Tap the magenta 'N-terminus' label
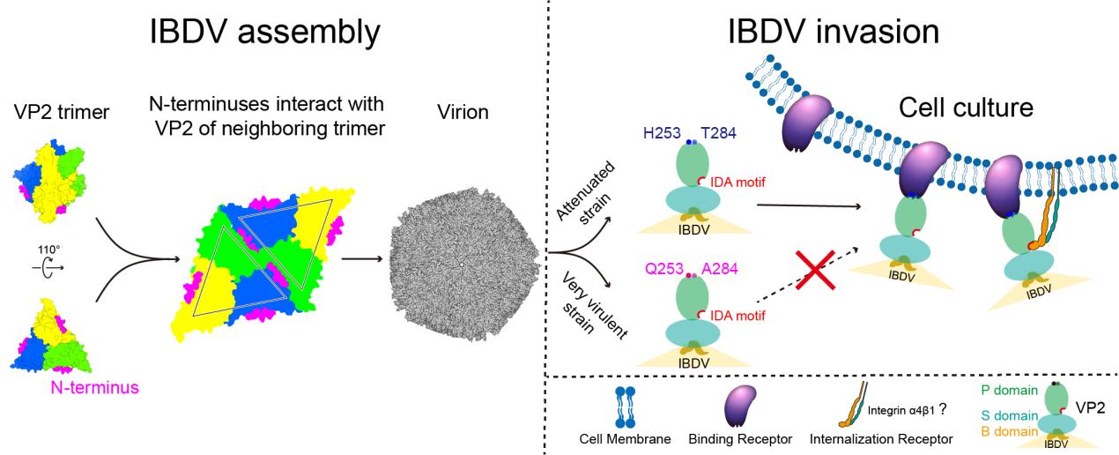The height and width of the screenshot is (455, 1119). (92, 385)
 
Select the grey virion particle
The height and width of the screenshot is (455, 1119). (461, 264)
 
